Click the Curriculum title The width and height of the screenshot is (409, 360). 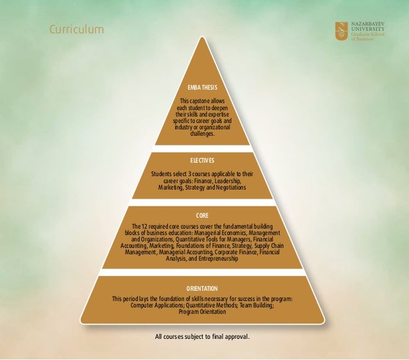point(76,29)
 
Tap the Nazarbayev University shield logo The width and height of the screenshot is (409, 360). point(342,30)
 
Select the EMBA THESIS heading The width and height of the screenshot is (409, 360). point(203,87)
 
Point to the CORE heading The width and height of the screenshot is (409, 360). point(203,217)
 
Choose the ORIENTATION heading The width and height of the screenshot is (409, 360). point(203,288)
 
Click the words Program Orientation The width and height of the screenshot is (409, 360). point(203,312)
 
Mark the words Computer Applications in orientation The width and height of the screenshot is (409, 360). point(156,306)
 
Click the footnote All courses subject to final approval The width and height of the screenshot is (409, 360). point(202,336)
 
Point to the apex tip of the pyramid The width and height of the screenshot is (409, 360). point(203,37)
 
